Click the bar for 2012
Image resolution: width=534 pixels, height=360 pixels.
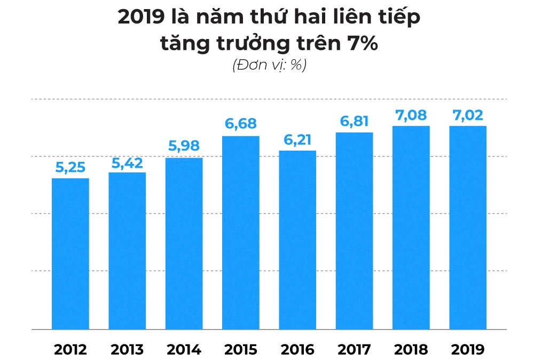(70, 254)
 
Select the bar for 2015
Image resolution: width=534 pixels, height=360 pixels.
(241, 233)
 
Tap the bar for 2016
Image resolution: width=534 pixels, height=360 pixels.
(297, 240)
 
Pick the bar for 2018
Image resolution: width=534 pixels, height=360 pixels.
(411, 228)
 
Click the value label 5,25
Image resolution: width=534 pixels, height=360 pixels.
(70, 168)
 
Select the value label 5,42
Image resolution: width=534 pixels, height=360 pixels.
(127, 162)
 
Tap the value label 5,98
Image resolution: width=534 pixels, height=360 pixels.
(184, 147)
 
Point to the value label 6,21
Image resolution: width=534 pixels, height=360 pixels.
(297, 140)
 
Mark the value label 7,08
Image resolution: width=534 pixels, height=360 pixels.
(411, 115)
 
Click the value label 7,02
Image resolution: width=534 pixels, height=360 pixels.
(467, 115)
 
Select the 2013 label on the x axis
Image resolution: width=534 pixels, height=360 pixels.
(127, 350)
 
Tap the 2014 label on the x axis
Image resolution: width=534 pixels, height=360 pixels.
(184, 350)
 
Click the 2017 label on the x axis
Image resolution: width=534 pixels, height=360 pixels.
(354, 350)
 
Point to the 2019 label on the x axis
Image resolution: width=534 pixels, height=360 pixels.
(467, 350)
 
